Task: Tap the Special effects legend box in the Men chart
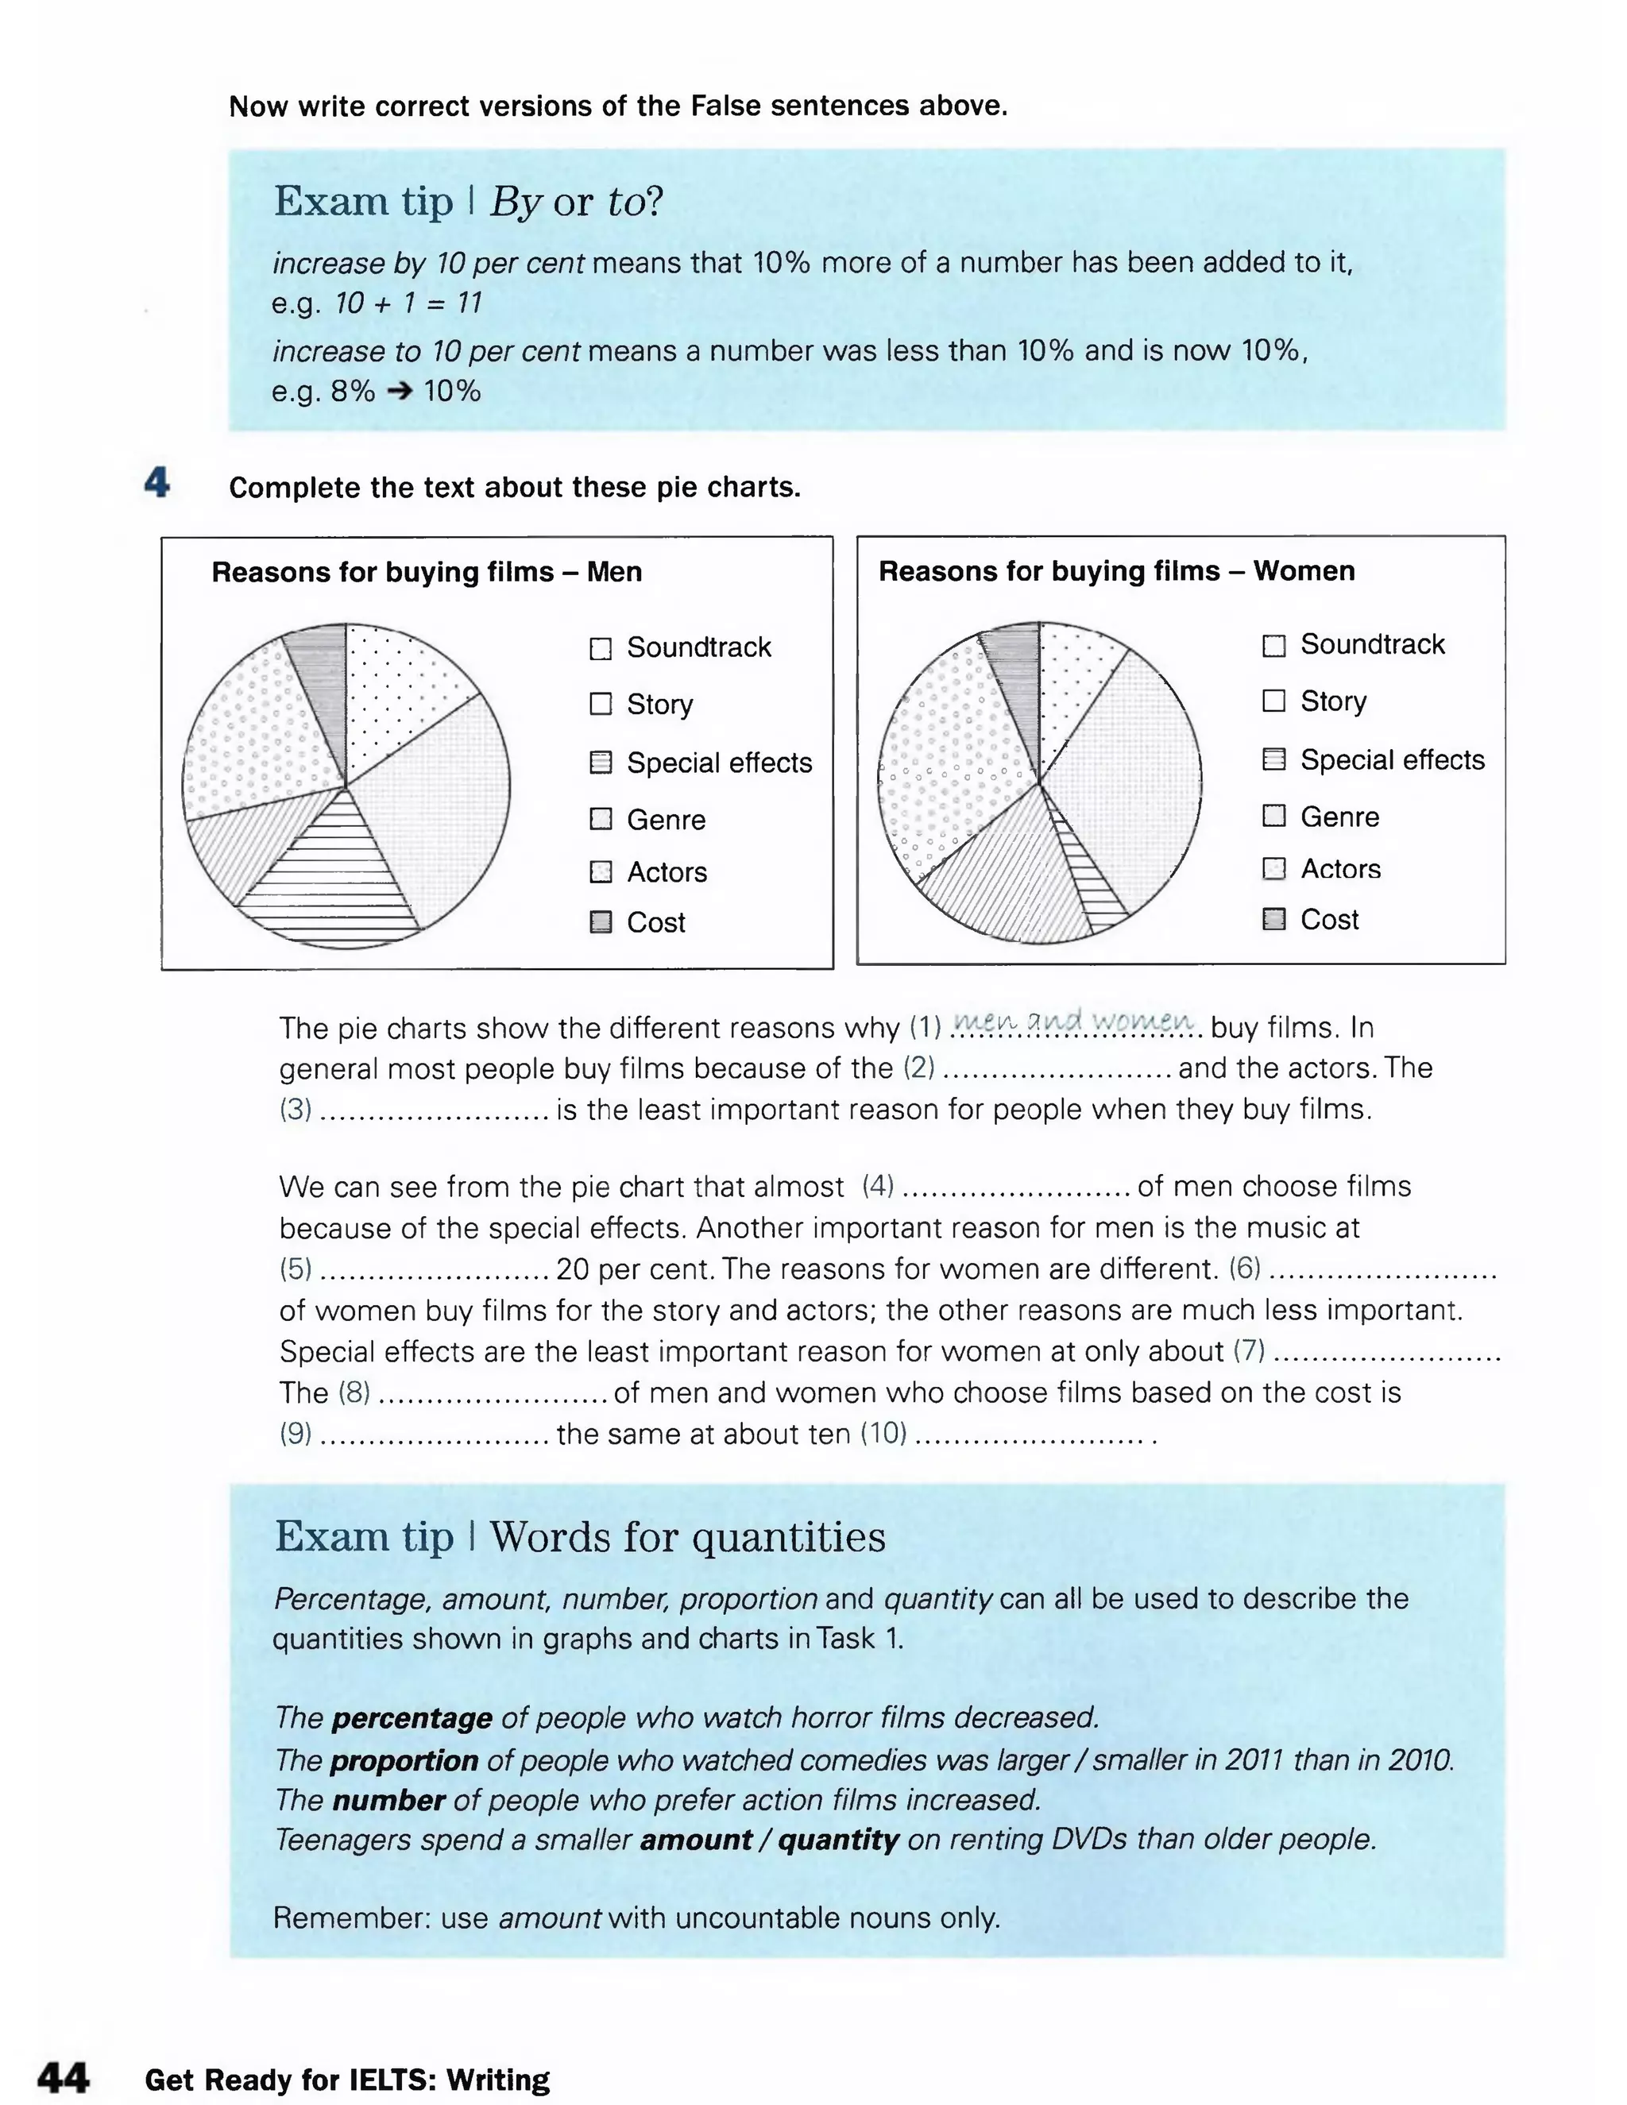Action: point(601,763)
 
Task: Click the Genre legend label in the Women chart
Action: point(1339,817)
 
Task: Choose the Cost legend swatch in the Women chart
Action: point(1273,920)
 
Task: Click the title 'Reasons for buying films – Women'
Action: point(1116,572)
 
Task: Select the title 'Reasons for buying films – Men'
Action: point(426,573)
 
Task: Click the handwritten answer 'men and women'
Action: point(1072,1021)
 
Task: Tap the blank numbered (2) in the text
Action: point(1056,1070)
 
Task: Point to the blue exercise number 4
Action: point(157,482)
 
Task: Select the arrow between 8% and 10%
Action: point(398,392)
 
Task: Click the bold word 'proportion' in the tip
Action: point(404,1761)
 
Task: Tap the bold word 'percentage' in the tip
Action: point(412,1718)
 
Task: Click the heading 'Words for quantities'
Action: point(686,1537)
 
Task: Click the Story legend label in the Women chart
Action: point(1332,701)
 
